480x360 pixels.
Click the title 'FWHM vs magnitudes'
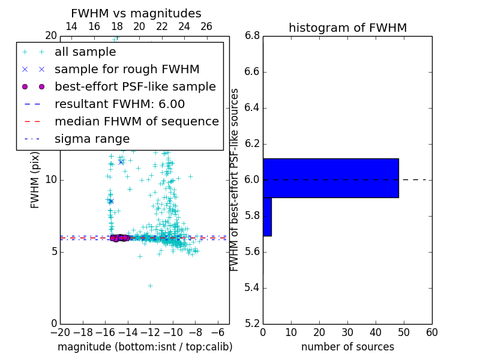[136, 13]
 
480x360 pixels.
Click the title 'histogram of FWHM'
[347, 28]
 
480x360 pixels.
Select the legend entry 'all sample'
[85, 52]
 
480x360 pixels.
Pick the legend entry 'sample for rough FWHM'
[127, 70]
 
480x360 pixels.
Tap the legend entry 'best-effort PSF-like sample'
[135, 87]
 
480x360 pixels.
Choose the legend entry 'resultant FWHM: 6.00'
[119, 104]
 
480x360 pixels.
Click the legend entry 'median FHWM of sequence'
[136, 122]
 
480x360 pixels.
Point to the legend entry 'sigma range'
[92, 139]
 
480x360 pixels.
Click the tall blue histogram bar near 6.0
[331, 178]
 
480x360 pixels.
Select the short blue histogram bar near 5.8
[267, 217]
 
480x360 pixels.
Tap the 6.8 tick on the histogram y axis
[252, 36]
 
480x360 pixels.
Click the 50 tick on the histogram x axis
[404, 332]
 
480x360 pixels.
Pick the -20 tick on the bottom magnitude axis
[60, 332]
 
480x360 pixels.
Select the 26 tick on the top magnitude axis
[206, 26]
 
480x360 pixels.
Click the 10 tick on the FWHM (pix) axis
[50, 180]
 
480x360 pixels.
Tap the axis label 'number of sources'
[347, 347]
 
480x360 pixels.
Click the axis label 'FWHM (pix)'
[35, 179]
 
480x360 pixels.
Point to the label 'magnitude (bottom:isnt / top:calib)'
[145, 347]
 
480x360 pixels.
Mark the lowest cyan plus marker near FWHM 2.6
[150, 286]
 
